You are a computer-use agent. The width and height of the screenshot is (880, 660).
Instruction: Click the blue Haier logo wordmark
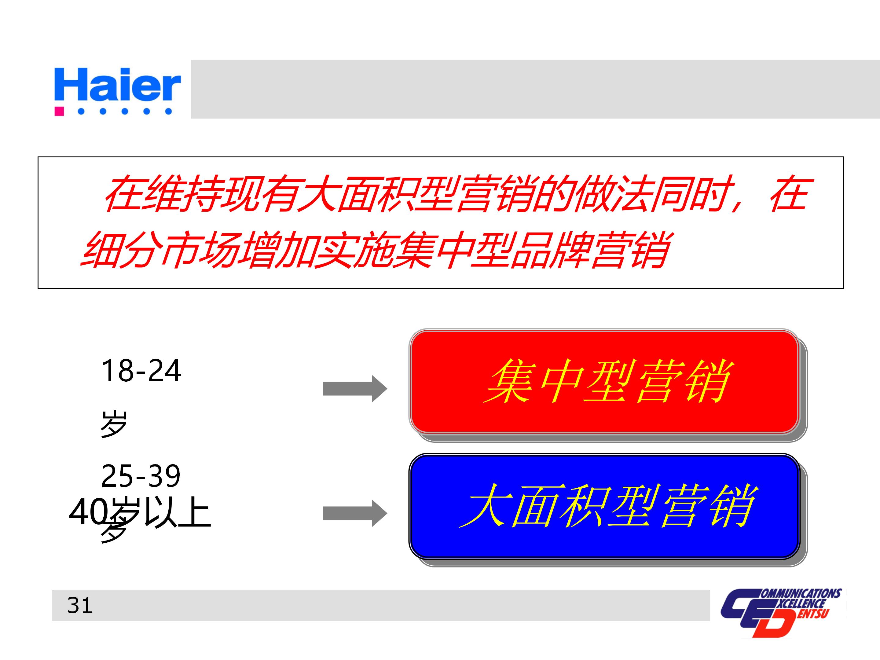(117, 84)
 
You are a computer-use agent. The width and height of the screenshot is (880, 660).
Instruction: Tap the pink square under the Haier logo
(59, 111)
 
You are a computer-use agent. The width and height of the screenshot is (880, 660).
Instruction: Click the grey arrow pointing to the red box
(354, 388)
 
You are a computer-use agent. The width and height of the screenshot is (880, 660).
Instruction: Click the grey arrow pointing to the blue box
(354, 513)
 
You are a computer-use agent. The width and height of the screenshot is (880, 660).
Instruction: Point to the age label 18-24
(141, 371)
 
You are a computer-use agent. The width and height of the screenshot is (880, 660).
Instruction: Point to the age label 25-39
(141, 476)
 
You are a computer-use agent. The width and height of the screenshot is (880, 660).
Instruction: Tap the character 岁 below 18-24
(113, 424)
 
